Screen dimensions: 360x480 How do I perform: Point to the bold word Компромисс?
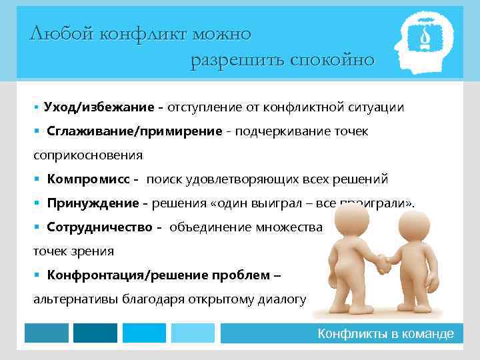[90, 179]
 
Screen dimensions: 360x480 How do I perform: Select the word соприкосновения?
[88, 155]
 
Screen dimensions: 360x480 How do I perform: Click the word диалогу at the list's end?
[276, 299]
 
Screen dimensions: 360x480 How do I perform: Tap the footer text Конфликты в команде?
[386, 334]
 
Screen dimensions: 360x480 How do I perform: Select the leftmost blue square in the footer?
[47, 333]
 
